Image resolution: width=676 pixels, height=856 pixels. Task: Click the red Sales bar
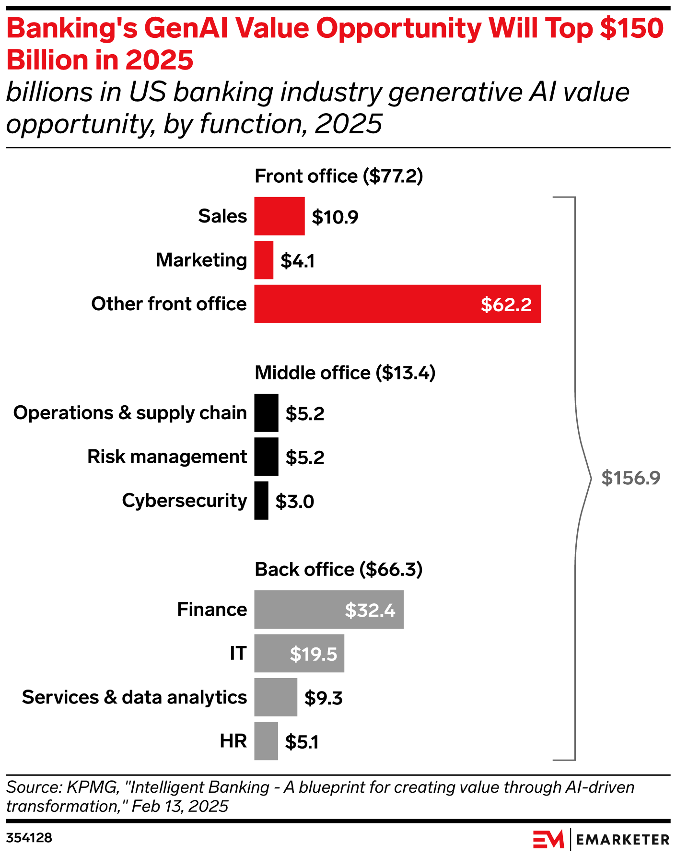coord(279,216)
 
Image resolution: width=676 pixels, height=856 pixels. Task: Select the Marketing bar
coord(264,260)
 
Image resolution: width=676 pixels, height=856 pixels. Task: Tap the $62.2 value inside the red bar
coord(506,305)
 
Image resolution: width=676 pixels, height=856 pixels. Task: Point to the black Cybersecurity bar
coord(261,501)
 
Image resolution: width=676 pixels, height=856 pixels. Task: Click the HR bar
coord(266,741)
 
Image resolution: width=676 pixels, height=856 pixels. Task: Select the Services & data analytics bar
coord(276,697)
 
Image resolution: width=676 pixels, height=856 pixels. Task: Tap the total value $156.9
coord(630,478)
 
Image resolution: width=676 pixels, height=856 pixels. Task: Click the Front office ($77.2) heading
coord(338,176)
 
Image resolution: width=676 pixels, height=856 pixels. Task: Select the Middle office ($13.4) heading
coord(345,373)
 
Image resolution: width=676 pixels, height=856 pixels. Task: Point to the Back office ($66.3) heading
coord(338,570)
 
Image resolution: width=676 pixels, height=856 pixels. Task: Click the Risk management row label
coord(167,457)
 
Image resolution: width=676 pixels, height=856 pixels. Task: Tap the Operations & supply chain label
coord(130,413)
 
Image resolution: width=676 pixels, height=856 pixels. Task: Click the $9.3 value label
coord(323,698)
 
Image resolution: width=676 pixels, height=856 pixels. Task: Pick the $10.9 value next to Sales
coord(335,217)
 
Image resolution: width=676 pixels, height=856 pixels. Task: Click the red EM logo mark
coord(548,839)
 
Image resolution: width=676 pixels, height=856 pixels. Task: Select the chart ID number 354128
coord(29,838)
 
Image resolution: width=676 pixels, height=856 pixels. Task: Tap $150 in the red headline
coord(631,29)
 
